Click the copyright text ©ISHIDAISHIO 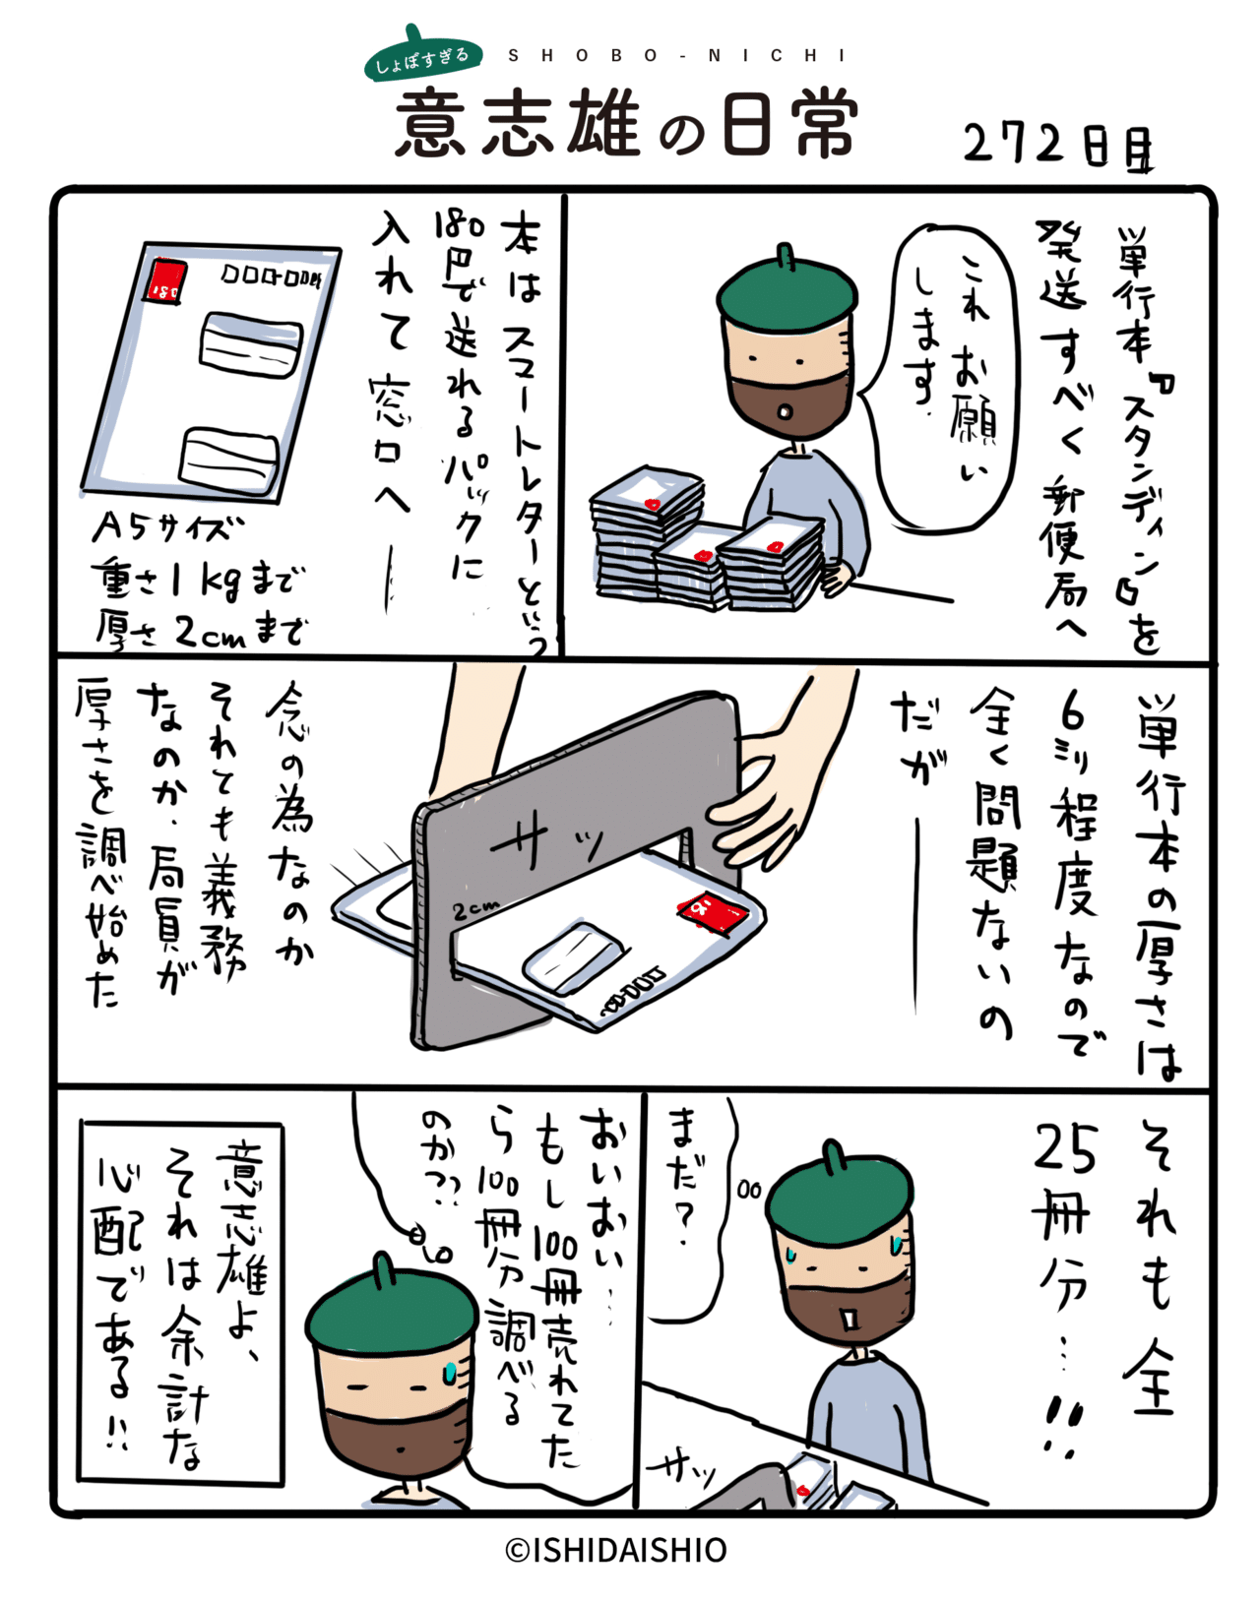click(x=616, y=1550)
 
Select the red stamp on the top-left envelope click(x=165, y=280)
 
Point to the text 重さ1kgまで click(x=197, y=581)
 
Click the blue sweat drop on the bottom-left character click(x=450, y=1372)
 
